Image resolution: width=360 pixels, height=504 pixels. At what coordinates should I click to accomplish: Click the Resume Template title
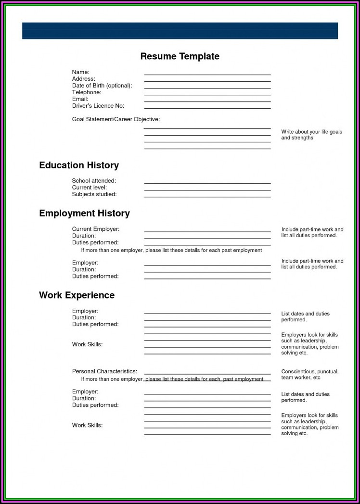point(180,56)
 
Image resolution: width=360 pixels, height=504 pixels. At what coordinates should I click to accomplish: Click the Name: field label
point(81,72)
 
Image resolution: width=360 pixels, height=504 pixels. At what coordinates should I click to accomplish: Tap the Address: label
point(84,79)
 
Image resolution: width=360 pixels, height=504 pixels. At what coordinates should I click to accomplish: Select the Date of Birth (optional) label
point(102,86)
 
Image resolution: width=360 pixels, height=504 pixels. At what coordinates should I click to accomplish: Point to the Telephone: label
point(87,92)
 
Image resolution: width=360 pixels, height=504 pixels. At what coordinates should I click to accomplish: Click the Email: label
point(80,99)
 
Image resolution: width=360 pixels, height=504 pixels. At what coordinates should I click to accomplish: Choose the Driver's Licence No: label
point(98,106)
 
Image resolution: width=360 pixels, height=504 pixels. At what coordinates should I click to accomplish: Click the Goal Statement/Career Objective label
point(116,119)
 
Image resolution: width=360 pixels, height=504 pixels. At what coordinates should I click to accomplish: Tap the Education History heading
point(79,165)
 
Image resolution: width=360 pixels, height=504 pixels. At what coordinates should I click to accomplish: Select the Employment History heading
point(84,213)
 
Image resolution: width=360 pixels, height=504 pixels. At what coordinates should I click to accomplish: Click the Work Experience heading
point(77,295)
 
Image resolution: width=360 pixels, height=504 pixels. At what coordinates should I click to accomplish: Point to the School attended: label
point(94,181)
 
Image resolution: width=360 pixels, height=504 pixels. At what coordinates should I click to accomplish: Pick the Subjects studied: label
point(94,194)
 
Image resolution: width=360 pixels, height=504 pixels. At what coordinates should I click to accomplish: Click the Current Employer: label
point(96,229)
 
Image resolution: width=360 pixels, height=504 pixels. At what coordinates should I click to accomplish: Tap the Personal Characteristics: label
point(104,371)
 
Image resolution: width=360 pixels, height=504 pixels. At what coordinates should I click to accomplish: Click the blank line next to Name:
point(207,74)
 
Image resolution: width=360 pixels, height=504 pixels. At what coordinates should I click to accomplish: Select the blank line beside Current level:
point(207,189)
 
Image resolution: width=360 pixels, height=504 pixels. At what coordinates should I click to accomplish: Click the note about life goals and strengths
point(311,135)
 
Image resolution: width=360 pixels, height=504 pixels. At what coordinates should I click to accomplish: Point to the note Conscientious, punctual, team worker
point(309,375)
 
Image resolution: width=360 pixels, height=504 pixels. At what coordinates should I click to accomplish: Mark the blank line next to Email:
point(207,101)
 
